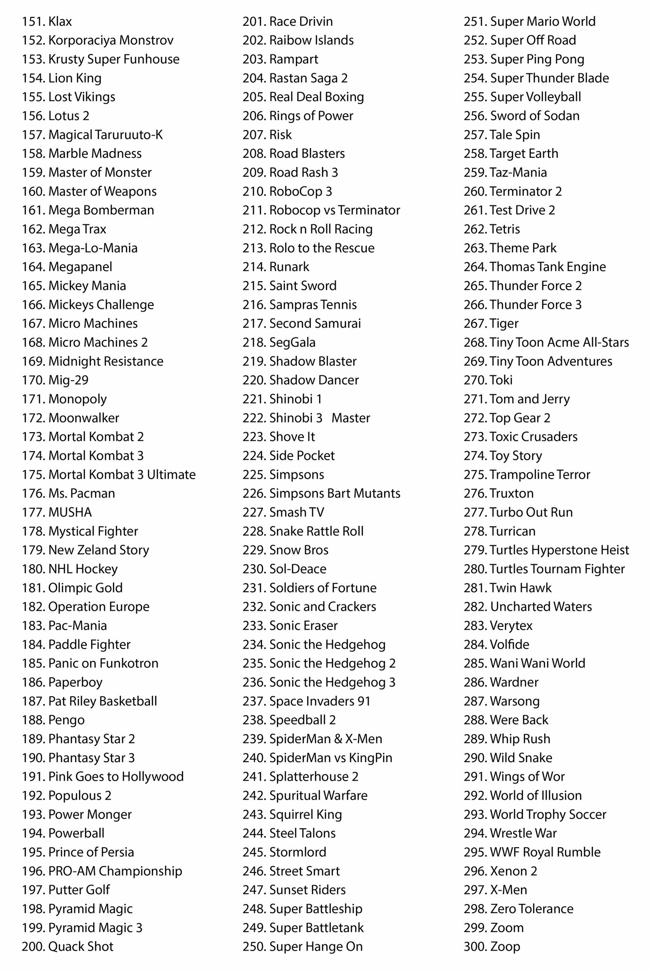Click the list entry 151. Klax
[x=47, y=21]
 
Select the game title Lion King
[x=75, y=78]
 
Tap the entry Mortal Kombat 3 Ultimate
[x=122, y=474]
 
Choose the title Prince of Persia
[x=91, y=852]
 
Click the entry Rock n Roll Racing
[x=321, y=229]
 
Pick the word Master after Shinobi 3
[x=351, y=418]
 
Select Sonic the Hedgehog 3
[x=332, y=682]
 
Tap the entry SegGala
[x=292, y=342]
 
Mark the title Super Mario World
[x=542, y=21]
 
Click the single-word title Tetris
[x=505, y=229]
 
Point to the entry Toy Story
[x=516, y=455]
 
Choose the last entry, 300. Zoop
[x=492, y=946]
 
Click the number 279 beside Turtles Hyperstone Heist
[x=475, y=550]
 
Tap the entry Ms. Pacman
[x=81, y=493]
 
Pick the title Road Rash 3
[x=303, y=172]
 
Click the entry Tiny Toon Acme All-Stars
[x=559, y=342]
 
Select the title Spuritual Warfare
[x=318, y=795]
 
